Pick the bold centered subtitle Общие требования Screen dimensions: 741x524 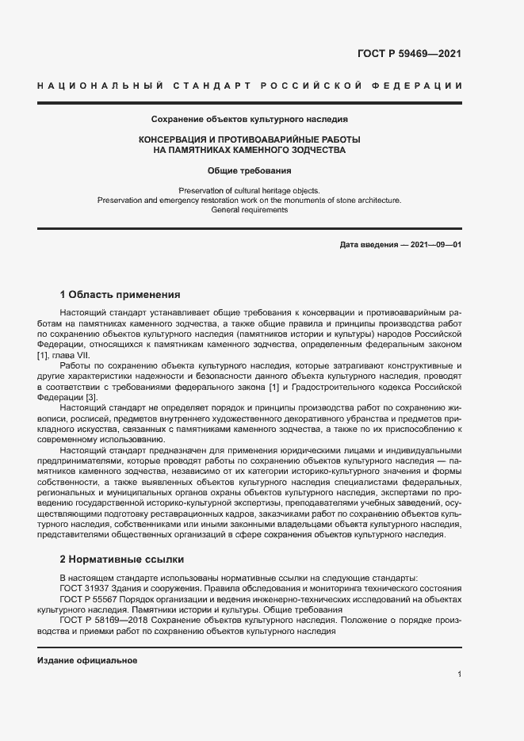[250, 170]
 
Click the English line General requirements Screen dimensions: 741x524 [250, 210]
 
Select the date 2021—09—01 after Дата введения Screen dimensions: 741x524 [436, 245]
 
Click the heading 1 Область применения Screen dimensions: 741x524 [120, 294]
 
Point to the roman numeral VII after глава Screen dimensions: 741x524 [83, 355]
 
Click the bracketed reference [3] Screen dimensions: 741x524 [91, 396]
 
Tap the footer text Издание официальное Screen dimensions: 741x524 [88, 660]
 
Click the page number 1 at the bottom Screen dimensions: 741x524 [459, 674]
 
